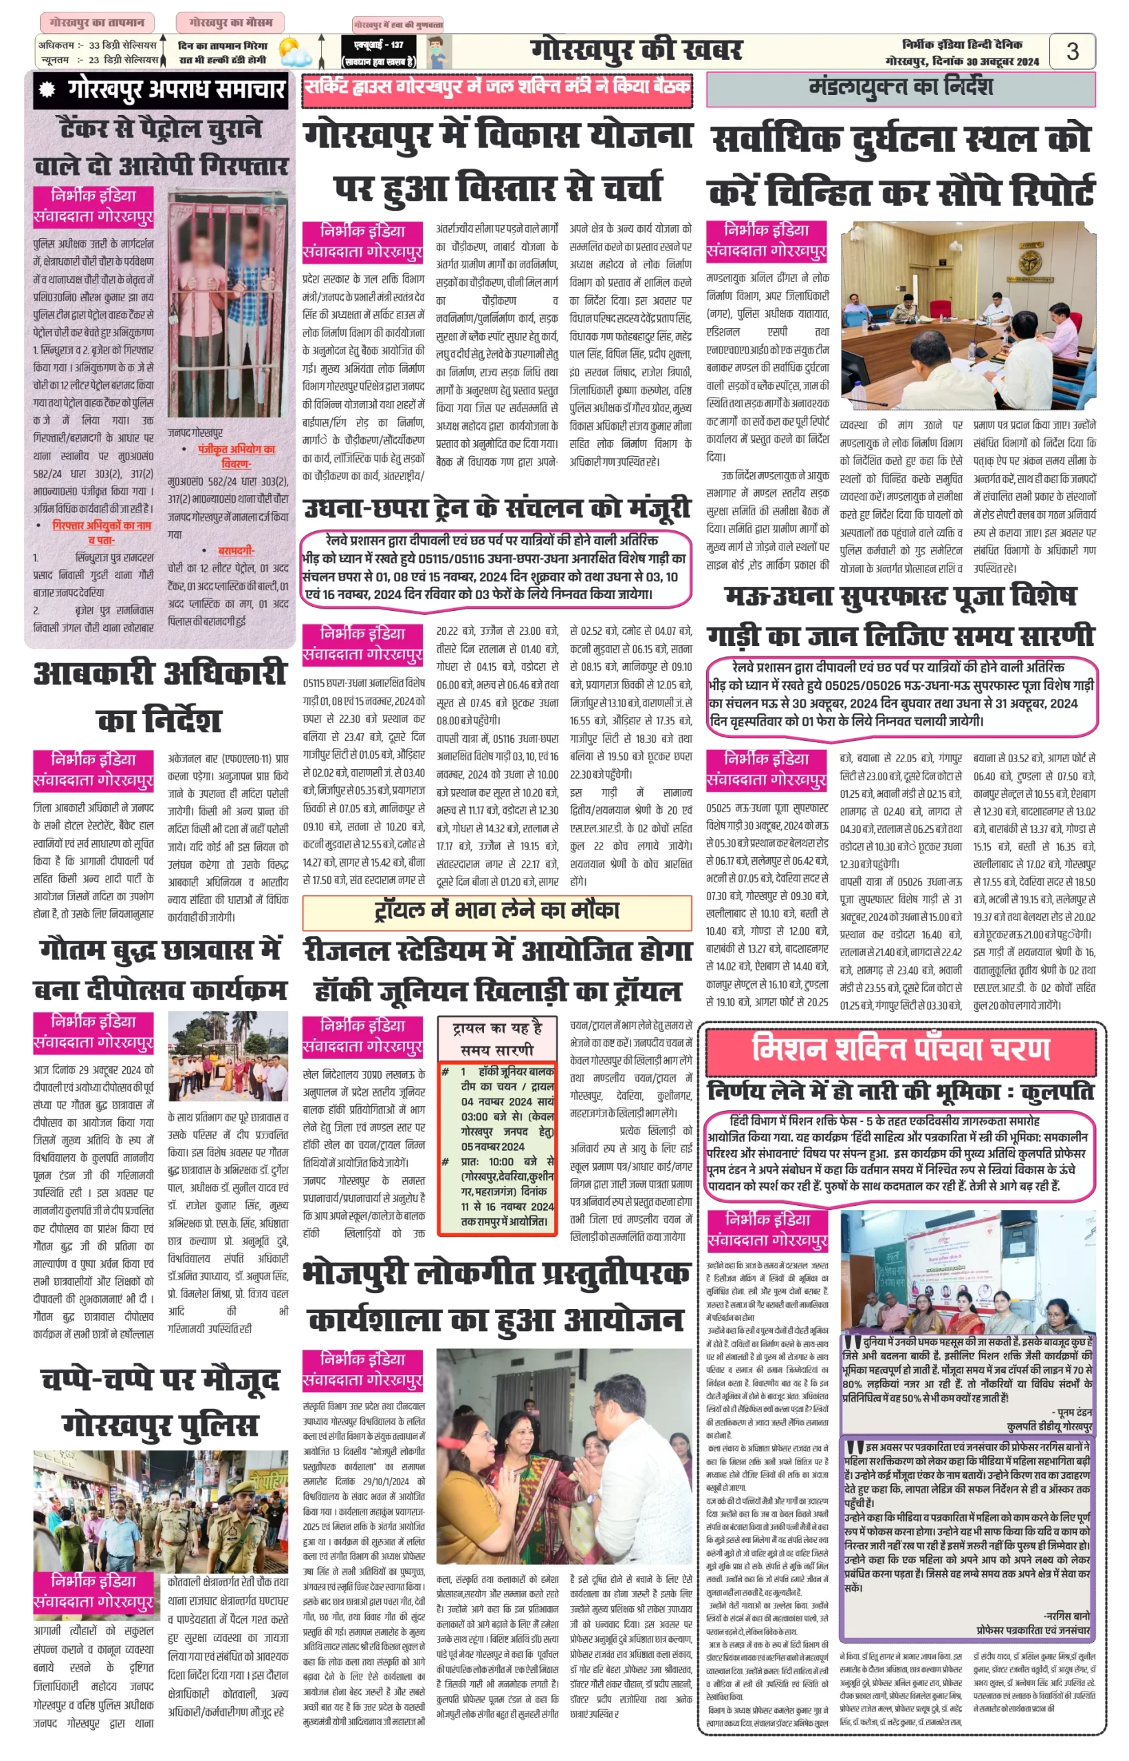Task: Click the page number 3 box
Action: [x=1072, y=52]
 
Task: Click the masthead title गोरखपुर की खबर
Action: [x=635, y=50]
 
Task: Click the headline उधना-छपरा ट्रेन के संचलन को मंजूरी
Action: [x=497, y=508]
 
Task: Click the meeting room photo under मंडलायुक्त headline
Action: [x=967, y=315]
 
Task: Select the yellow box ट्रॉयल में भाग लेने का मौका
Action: [x=497, y=911]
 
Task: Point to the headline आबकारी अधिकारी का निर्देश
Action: [x=160, y=695]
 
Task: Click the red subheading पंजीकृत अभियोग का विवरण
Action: [x=236, y=455]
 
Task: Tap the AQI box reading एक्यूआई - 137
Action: [x=378, y=52]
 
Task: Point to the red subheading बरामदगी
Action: [x=235, y=550]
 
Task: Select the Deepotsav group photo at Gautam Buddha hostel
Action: [x=228, y=1055]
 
